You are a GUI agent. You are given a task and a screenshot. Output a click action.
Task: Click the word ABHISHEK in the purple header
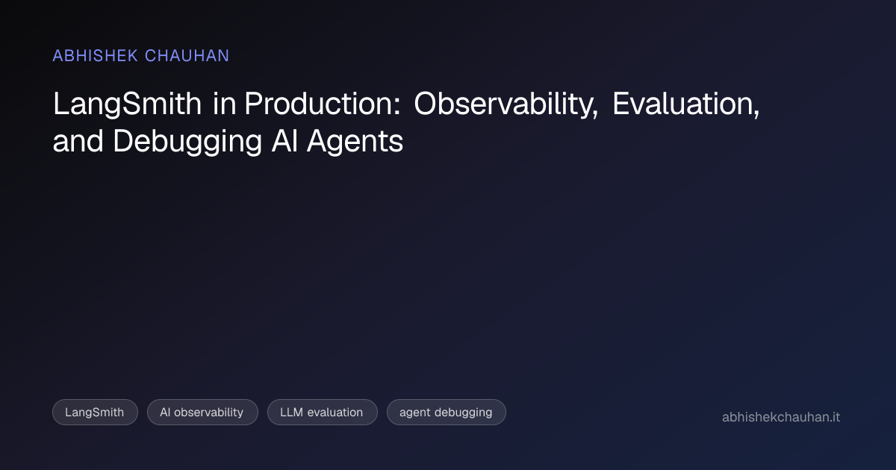[x=96, y=55]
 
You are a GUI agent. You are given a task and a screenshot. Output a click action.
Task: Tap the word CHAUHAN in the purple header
[x=187, y=55]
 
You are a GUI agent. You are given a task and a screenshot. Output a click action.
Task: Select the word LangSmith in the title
[x=127, y=104]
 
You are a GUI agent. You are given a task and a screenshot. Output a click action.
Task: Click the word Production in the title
[x=318, y=104]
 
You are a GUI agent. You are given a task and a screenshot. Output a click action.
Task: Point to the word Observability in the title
[x=505, y=104]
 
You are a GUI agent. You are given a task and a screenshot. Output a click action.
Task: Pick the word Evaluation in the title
[x=685, y=104]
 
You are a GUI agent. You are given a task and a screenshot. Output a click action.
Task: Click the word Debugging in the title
[x=187, y=142]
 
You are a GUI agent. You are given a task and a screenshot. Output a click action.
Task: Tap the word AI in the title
[x=284, y=141]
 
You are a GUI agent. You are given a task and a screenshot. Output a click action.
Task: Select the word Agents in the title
[x=355, y=142]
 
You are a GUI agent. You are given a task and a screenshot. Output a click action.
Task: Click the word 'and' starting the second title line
[x=78, y=141]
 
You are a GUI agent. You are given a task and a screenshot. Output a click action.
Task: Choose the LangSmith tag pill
[x=96, y=412]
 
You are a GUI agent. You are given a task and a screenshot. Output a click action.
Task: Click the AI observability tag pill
[x=202, y=412]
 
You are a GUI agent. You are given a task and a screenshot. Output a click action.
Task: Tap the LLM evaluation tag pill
[x=323, y=412]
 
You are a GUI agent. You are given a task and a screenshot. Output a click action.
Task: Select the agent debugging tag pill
[x=447, y=412]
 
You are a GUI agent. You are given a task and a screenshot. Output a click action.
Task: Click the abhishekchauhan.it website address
[x=781, y=417]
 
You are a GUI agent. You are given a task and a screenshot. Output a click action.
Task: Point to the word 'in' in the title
[x=225, y=104]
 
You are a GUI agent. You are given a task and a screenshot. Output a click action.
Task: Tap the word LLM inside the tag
[x=291, y=412]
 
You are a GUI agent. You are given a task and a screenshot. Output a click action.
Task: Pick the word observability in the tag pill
[x=208, y=413]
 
